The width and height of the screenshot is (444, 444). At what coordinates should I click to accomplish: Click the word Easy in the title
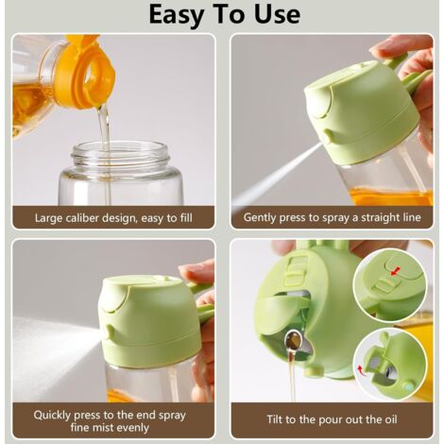pyautogui.click(x=177, y=15)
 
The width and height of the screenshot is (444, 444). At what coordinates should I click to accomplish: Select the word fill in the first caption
pyautogui.click(x=185, y=218)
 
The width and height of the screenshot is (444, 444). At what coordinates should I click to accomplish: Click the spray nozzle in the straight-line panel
pyautogui.click(x=328, y=136)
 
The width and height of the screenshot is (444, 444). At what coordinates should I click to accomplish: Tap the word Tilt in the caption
pyautogui.click(x=275, y=419)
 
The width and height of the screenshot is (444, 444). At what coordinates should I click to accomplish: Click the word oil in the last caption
pyautogui.click(x=391, y=419)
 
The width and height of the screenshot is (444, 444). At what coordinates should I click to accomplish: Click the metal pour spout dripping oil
pyautogui.click(x=295, y=341)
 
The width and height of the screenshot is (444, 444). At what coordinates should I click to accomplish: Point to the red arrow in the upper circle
pyautogui.click(x=396, y=271)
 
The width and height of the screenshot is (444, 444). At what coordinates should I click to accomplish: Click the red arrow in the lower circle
pyautogui.click(x=362, y=369)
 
